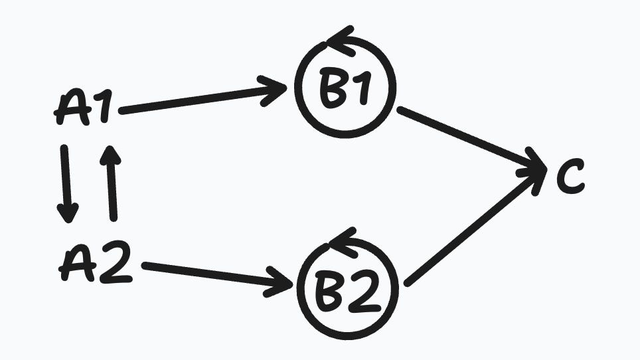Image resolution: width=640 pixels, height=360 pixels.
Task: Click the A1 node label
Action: coord(84,108)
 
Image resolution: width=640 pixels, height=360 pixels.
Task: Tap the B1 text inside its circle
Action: coord(345,90)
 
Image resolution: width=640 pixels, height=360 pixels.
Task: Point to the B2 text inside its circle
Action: coord(349,290)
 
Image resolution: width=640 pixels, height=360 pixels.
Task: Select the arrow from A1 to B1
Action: coord(203,98)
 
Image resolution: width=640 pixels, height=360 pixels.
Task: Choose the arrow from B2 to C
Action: coord(476,227)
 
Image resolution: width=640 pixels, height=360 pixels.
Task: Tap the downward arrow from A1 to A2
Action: coord(66,184)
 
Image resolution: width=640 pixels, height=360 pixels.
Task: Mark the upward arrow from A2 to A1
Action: coord(111,183)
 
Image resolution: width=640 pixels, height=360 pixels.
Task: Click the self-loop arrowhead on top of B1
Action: coord(341,41)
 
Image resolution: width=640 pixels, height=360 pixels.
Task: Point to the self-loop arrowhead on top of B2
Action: coord(343,242)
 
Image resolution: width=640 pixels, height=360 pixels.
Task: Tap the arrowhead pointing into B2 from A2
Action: coord(280,282)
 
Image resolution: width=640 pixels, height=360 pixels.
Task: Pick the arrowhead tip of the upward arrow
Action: coord(110,146)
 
